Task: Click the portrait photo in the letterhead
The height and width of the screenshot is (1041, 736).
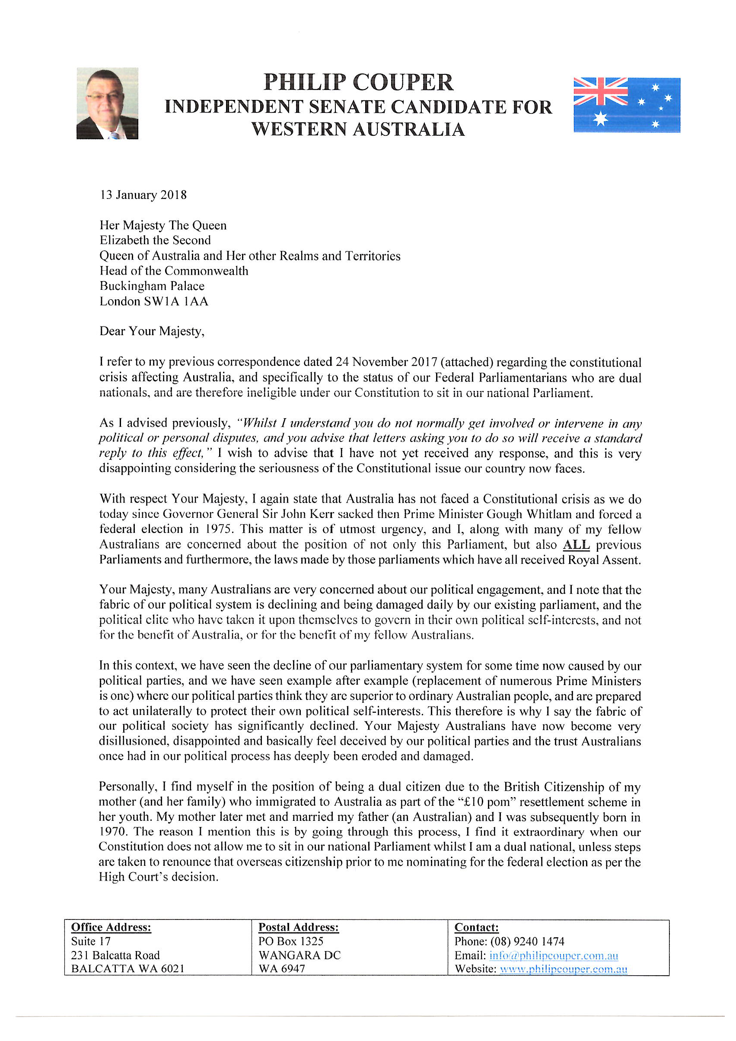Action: [x=108, y=103]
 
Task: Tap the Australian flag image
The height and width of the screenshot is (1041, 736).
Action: [x=626, y=105]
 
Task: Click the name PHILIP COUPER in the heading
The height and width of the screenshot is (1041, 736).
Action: [x=358, y=83]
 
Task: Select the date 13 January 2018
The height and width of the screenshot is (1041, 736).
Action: [x=143, y=195]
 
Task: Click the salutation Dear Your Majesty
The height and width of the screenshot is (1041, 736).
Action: [x=152, y=331]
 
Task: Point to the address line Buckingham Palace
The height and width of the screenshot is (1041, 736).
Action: [x=152, y=286]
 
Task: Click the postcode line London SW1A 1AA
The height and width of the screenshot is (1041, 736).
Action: [x=153, y=301]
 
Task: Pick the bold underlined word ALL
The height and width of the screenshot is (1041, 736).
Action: [x=576, y=545]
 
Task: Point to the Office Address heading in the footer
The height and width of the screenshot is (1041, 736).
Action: [x=111, y=927]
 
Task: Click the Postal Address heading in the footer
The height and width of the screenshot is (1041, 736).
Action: [x=298, y=927]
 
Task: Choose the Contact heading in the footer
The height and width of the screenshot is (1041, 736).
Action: [x=476, y=927]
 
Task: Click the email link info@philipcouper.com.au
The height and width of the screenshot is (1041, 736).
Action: [x=553, y=955]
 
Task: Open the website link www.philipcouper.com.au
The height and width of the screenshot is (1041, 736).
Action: [x=563, y=969]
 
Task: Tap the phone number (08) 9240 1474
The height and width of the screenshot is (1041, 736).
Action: [x=527, y=941]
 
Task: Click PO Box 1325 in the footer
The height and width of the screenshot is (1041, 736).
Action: [x=290, y=941]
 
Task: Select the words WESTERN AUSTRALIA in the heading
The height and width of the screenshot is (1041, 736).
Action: [x=358, y=130]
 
